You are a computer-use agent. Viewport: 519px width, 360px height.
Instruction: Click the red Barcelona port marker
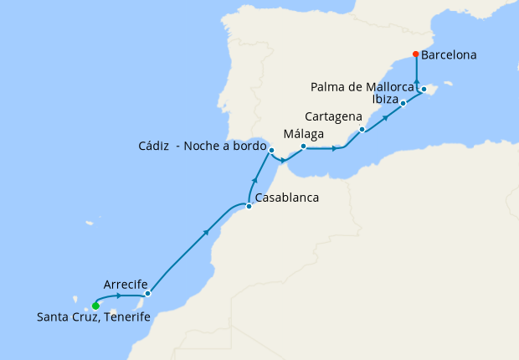point(416,55)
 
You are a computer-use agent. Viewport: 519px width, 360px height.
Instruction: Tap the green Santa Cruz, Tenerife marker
point(95,306)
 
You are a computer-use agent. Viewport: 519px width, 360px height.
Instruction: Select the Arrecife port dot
point(147,294)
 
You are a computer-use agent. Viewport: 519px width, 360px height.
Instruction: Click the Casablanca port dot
point(249,206)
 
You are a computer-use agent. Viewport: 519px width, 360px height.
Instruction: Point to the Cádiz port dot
point(271,150)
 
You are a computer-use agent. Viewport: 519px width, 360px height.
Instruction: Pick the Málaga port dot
point(303,147)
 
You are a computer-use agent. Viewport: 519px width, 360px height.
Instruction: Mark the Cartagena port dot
point(362,130)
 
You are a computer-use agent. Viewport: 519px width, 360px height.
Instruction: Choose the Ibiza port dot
point(403,103)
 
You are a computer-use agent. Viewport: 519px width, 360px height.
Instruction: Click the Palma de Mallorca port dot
point(424,89)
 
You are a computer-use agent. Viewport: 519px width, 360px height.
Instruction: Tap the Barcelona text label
point(449,56)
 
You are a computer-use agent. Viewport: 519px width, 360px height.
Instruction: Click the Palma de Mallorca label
point(362,86)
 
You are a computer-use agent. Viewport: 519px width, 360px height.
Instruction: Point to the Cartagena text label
point(334,116)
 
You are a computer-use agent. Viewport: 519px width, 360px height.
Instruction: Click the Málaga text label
point(304,133)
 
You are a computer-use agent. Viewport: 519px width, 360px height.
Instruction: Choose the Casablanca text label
point(287,198)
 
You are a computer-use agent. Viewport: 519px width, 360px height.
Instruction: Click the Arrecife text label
point(126,283)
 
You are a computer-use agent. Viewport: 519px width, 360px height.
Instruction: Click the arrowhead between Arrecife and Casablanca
point(206,233)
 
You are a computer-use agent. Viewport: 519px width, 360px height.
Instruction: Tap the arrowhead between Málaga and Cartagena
point(337,149)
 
